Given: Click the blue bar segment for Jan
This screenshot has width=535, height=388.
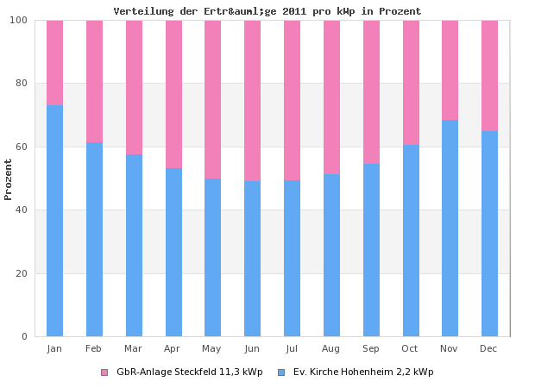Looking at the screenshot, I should point(54,221).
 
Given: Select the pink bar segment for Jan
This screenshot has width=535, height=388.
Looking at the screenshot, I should point(54,62).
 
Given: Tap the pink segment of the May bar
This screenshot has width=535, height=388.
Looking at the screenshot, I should point(212,99).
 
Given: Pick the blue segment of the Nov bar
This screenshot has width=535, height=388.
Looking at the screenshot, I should point(450,228).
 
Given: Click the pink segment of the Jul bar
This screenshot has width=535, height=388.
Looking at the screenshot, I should point(292,100).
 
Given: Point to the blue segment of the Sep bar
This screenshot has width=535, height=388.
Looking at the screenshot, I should point(371,250).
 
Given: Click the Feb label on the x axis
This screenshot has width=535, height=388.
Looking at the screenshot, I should point(94,348).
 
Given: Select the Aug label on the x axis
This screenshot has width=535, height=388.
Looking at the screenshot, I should point(331,348).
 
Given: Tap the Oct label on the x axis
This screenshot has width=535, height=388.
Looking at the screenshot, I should point(410,348).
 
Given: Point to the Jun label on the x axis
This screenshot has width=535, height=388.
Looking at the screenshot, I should point(252,348).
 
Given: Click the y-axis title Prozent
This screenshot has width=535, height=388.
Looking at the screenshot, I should point(9,178).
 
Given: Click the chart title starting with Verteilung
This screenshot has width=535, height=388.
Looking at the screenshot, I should point(267,11).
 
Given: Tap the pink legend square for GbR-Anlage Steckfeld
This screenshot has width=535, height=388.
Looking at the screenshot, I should point(104,372).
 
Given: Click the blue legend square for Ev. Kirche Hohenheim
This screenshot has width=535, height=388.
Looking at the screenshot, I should point(281,372).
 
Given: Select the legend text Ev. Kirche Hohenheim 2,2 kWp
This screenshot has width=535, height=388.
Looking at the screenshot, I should point(363,372).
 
